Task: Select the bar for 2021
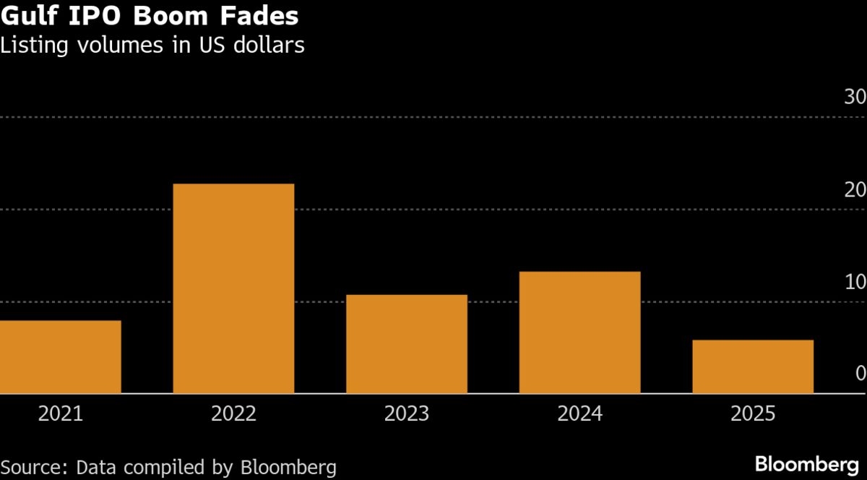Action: pos(60,357)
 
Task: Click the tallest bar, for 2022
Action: pos(233,289)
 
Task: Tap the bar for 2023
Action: pos(407,344)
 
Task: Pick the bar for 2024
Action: pos(580,333)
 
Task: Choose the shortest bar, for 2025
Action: pos(753,367)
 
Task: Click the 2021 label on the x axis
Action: pos(60,414)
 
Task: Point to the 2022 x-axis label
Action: pos(233,414)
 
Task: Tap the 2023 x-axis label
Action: pos(407,414)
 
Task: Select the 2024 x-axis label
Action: pos(580,414)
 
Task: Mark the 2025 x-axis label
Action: pos(753,414)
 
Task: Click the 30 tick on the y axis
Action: pos(855,98)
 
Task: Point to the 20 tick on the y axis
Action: pos(855,190)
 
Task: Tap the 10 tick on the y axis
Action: pos(855,282)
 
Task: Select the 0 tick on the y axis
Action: pos(860,374)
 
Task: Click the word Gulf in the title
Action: pos(27,16)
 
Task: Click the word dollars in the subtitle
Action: pos(268,46)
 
